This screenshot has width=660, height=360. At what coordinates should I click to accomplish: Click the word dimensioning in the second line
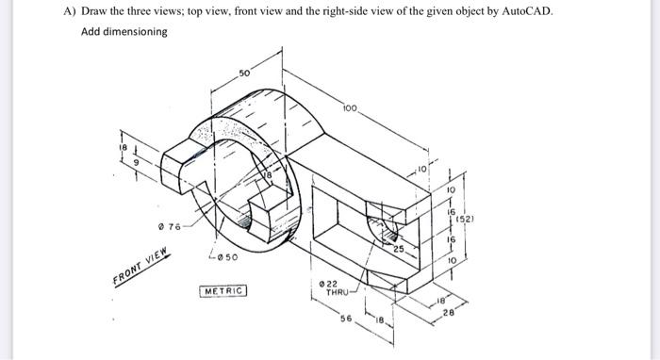(134, 32)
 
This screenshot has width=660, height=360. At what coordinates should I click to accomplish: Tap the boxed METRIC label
(223, 291)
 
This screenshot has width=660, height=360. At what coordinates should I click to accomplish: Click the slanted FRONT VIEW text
(140, 267)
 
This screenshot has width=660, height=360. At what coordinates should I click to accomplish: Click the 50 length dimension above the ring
(244, 73)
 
